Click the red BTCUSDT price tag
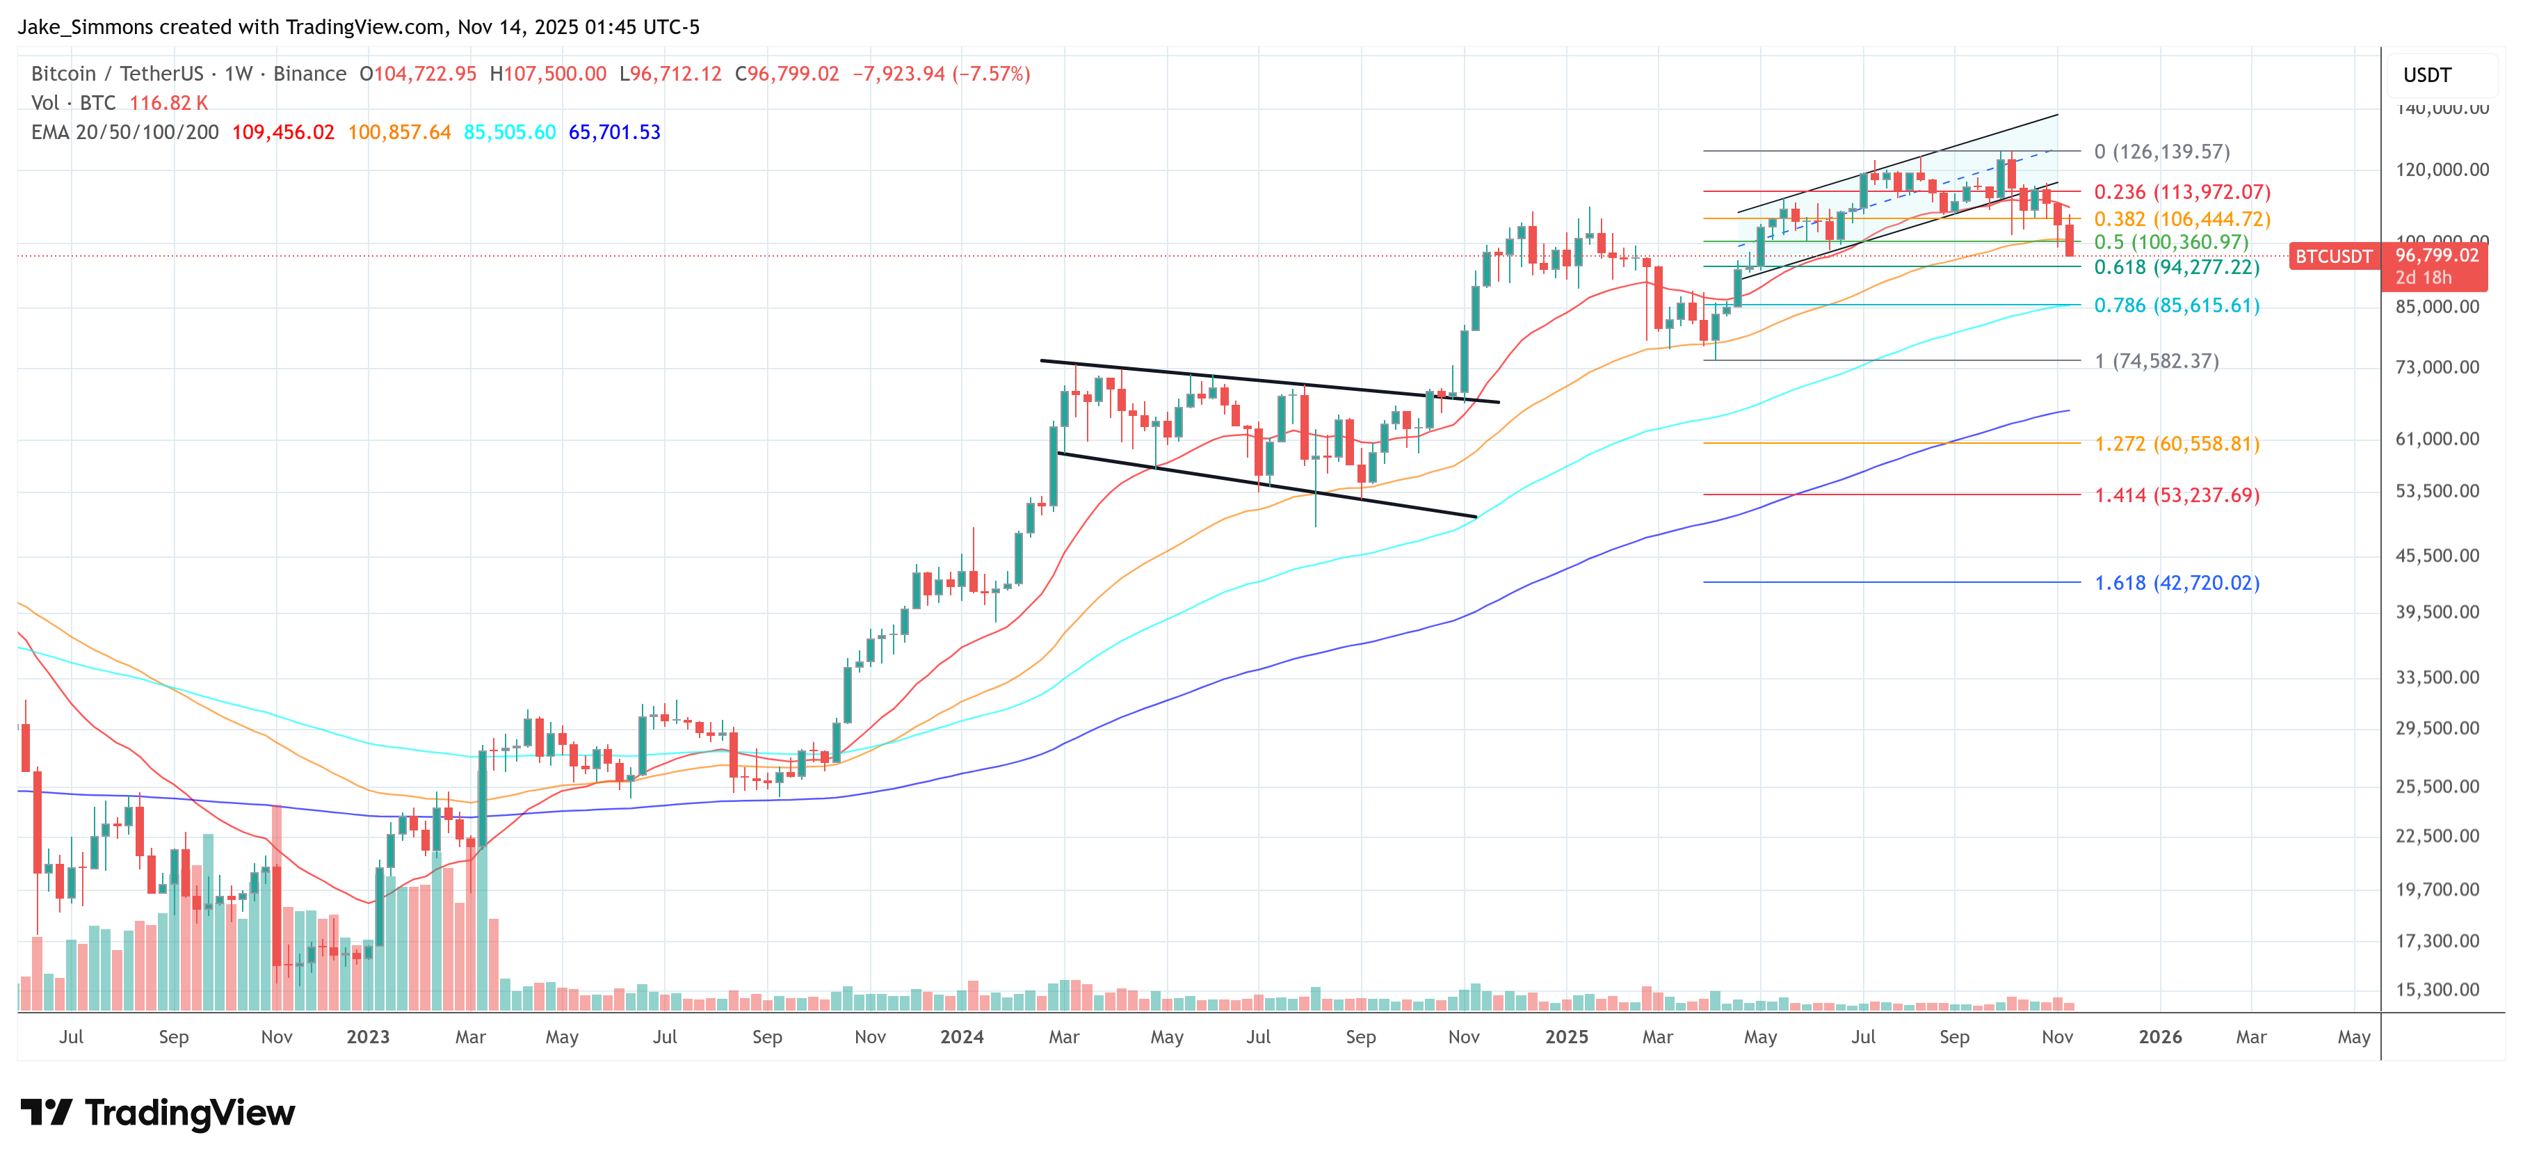pyautogui.click(x=2333, y=257)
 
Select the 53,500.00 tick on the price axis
pyautogui.click(x=2436, y=491)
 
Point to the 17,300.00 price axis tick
pyautogui.click(x=2436, y=940)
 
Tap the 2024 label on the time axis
pyautogui.click(x=961, y=1036)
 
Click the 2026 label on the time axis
pyautogui.click(x=2159, y=1036)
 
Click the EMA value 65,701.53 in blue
pyautogui.click(x=614, y=132)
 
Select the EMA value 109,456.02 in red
pyautogui.click(x=283, y=132)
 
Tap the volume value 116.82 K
pyautogui.click(x=168, y=103)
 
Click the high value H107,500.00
pyautogui.click(x=547, y=74)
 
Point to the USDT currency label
pyautogui.click(x=2426, y=75)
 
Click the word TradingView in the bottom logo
pyautogui.click(x=189, y=1113)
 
